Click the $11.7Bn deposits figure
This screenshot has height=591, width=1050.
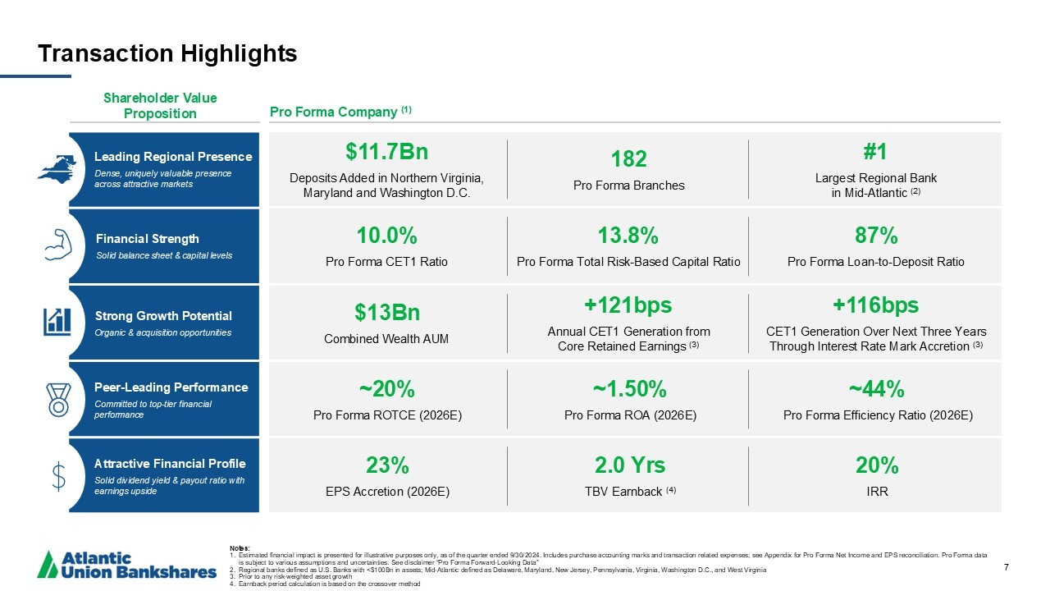point(386,152)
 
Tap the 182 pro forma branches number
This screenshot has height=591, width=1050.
point(628,158)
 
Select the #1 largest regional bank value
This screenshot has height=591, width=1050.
point(875,152)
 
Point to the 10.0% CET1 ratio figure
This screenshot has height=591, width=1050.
point(386,236)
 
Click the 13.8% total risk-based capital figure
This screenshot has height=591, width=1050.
point(628,236)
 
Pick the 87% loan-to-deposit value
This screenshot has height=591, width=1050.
point(875,236)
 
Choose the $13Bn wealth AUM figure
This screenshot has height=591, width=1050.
point(386,313)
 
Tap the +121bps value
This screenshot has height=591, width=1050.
point(628,305)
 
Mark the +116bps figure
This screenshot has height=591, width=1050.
point(875,305)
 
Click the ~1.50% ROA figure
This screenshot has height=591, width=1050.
point(629,388)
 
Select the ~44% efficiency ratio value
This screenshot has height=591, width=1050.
point(877,388)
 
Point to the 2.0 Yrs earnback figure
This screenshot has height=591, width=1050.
point(629,465)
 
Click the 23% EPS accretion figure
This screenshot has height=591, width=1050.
point(386,465)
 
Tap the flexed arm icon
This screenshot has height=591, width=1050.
point(57,244)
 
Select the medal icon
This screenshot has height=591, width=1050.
point(58,398)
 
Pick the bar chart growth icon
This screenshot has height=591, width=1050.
point(57,320)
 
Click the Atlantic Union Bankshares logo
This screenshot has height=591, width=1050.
point(127,565)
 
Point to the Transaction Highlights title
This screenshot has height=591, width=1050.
point(167,54)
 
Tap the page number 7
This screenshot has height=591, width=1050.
point(1006,567)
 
